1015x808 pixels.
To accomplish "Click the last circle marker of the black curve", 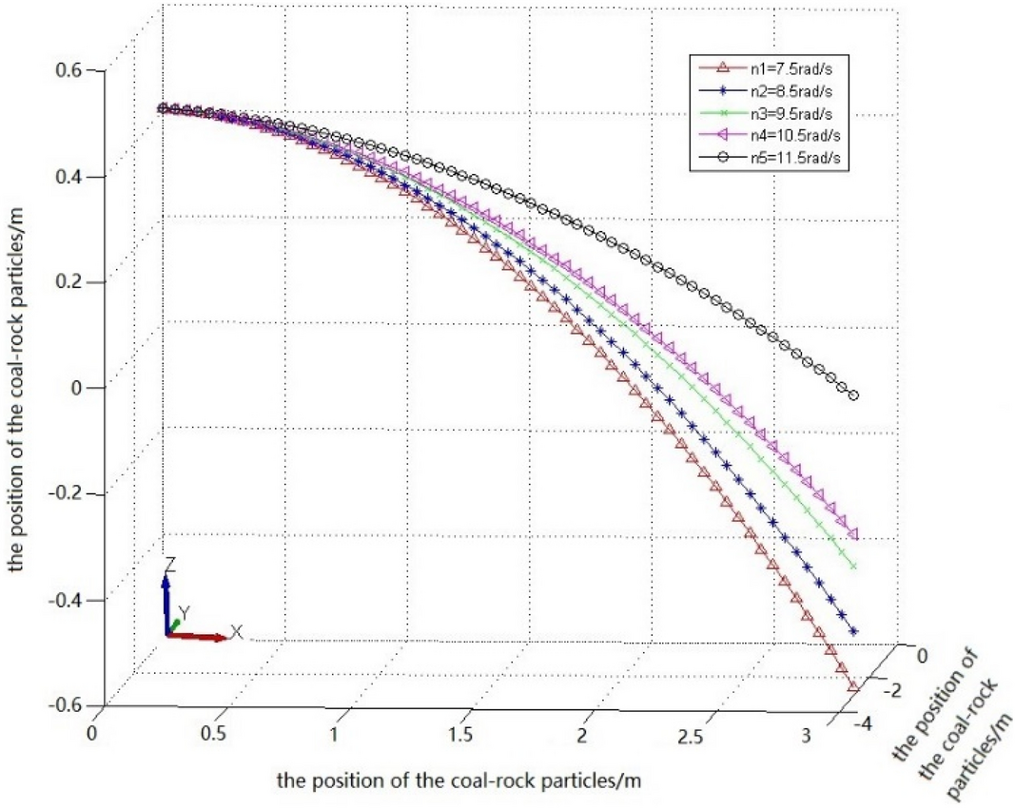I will (853, 395).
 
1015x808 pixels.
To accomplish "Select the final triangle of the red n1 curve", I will (853, 687).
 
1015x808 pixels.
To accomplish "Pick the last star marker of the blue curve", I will (853, 631).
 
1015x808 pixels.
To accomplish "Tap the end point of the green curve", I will (853, 567).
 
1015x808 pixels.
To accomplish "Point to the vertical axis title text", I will (18, 390).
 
